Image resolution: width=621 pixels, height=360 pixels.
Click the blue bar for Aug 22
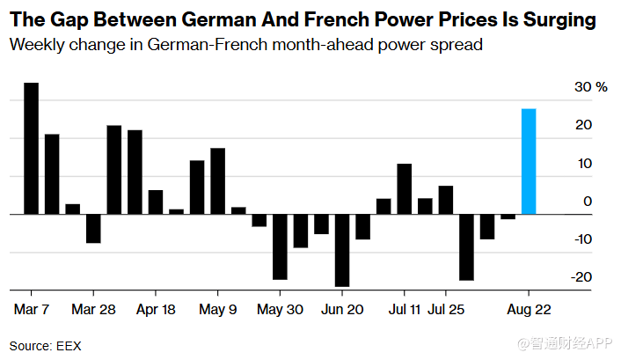tap(529, 161)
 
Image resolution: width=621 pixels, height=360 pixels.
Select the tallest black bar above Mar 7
tap(31, 148)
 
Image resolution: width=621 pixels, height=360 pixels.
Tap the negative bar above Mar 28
tap(93, 228)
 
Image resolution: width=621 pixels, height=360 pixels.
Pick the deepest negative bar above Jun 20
tap(342, 250)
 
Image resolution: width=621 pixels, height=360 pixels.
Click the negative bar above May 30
tap(280, 246)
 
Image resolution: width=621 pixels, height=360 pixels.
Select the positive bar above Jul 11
tap(405, 188)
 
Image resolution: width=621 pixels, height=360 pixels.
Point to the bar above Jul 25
tap(446, 200)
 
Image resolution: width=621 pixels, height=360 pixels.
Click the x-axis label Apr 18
tap(156, 310)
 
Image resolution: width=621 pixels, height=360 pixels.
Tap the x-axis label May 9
tap(218, 310)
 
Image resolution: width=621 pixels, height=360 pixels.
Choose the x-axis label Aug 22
tap(530, 310)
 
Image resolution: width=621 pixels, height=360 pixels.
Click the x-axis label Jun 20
tap(343, 310)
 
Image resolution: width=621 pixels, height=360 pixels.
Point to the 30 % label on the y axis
tap(590, 87)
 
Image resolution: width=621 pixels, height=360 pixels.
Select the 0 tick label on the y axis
tap(585, 202)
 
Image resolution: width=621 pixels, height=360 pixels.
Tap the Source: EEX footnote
tap(45, 346)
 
